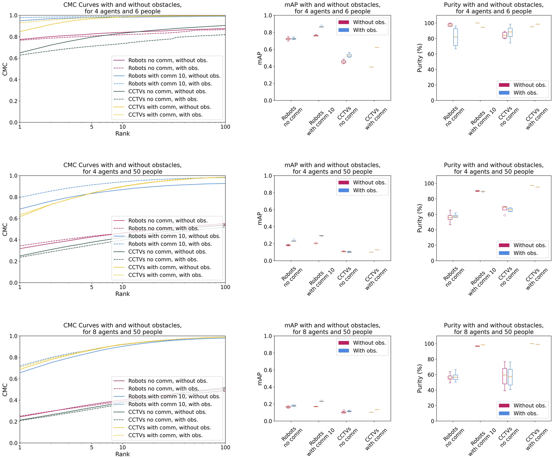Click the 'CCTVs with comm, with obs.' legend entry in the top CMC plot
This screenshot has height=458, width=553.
(x=165, y=115)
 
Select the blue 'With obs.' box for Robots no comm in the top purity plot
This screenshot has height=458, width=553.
(x=456, y=37)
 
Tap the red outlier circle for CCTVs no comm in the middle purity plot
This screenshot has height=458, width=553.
(x=505, y=215)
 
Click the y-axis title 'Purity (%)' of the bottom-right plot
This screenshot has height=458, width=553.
(x=420, y=378)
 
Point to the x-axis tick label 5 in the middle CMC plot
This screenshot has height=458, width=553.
(x=91, y=287)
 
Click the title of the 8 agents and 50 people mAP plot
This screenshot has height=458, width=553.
(x=332, y=329)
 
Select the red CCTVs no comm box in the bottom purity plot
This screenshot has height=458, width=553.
(x=505, y=376)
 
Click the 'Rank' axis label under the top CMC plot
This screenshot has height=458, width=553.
(x=122, y=134)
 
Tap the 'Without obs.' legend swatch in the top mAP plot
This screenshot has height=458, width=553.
(x=344, y=22)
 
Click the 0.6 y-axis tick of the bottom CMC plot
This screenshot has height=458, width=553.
(x=13, y=379)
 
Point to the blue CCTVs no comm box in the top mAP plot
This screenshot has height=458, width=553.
(x=349, y=55)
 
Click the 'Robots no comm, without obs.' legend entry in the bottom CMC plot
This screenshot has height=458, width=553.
(x=168, y=381)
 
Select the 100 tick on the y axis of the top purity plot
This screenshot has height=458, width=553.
(x=429, y=23)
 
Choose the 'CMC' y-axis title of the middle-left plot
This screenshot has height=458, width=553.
(x=5, y=229)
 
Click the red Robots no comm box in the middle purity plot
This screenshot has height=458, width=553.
(x=450, y=217)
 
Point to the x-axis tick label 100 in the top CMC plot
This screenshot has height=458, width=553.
(x=225, y=127)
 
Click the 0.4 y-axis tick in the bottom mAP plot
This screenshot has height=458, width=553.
(x=268, y=387)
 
